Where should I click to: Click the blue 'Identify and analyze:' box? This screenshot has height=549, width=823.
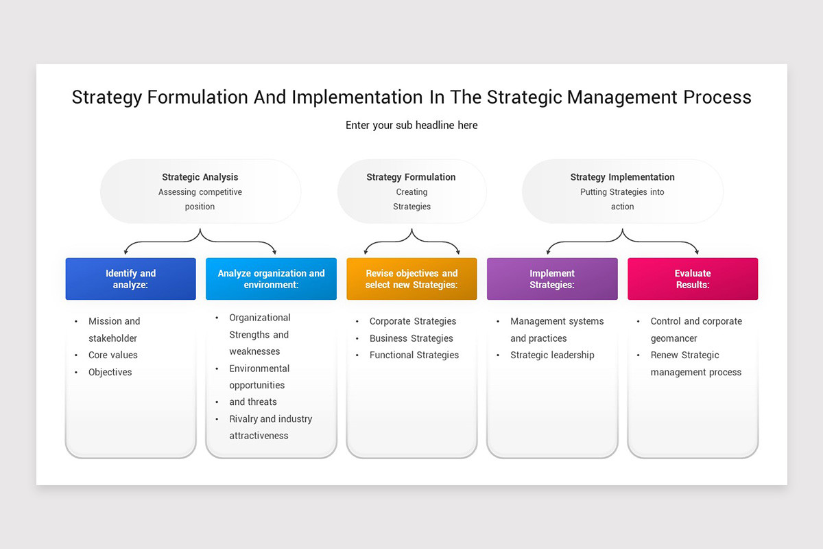coord(130,279)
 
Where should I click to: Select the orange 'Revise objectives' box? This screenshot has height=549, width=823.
coord(411,279)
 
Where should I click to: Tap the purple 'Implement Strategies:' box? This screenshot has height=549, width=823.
coord(552,279)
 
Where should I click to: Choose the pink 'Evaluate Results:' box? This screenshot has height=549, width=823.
coord(693,279)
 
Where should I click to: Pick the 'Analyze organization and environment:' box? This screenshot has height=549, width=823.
coord(271,279)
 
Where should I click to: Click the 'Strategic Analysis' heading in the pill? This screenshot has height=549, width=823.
coord(200,177)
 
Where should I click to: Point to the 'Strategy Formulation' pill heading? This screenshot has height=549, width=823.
coord(411,177)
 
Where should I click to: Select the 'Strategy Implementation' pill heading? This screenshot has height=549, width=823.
coord(622,177)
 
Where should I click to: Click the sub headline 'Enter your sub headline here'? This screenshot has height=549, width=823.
coord(411,126)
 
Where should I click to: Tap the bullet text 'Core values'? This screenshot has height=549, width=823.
coord(113,355)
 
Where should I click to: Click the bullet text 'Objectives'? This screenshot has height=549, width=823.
coord(110,372)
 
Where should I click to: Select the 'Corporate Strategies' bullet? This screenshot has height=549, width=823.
coord(413,321)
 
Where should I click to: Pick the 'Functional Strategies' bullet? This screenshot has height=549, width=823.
coord(414,355)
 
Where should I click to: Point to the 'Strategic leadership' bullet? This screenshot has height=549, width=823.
coord(552,355)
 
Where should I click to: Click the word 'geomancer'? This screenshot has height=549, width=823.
coord(674,338)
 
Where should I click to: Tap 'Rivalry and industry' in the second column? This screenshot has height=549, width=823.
coord(270,419)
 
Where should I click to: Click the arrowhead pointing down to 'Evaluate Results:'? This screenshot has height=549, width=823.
coord(696,252)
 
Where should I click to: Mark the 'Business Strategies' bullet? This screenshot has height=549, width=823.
coord(411,338)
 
